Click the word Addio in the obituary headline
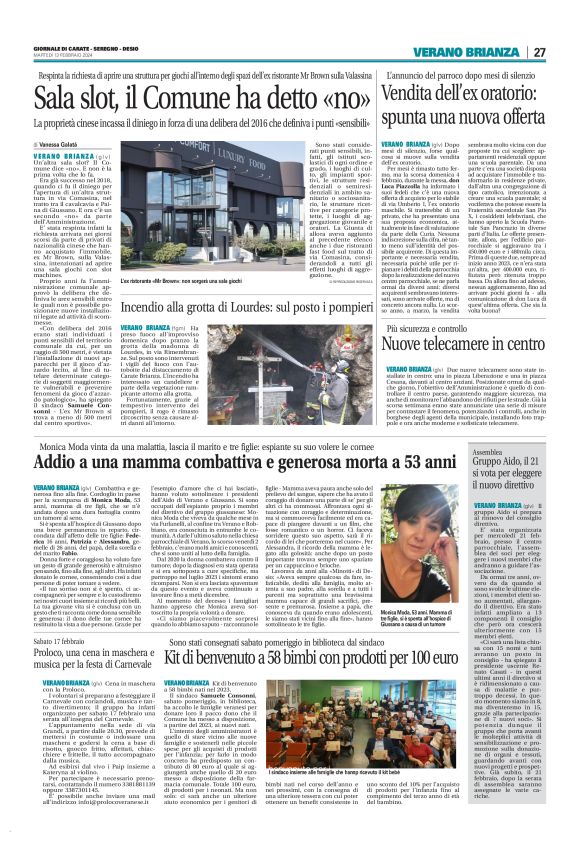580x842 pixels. pyautogui.click(x=57, y=437)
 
